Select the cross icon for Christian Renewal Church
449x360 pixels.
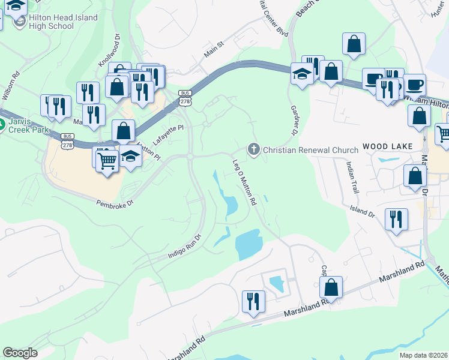(254, 149)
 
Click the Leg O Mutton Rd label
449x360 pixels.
(244, 181)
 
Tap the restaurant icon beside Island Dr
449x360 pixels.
(396, 218)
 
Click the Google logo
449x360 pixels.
(20, 352)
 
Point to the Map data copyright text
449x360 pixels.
(423, 355)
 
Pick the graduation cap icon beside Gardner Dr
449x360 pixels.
(302, 74)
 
